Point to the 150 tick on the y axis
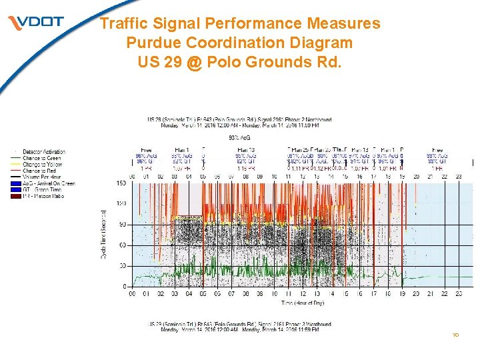pyautogui.click(x=121, y=183)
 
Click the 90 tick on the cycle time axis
pyautogui.click(x=122, y=225)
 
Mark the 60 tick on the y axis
pyautogui.click(x=122, y=245)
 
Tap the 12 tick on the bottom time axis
pyautogui.click(x=303, y=293)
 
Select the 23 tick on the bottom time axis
pyautogui.click(x=459, y=293)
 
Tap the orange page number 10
pyautogui.click(x=456, y=335)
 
